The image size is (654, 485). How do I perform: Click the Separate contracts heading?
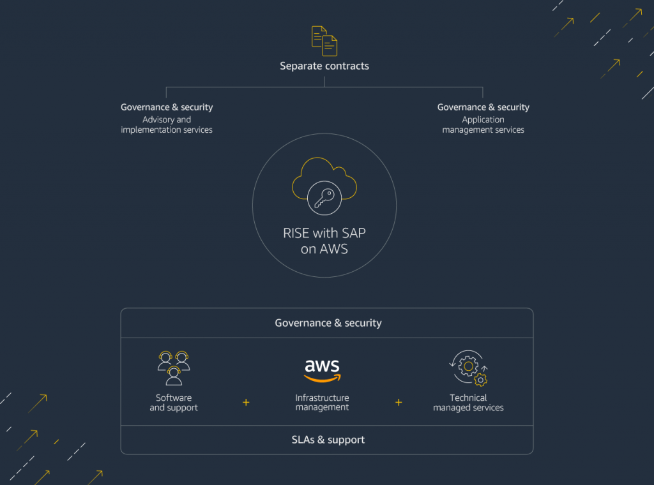[324, 66]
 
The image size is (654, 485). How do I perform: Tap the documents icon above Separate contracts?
[324, 41]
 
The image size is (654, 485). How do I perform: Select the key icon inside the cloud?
[324, 197]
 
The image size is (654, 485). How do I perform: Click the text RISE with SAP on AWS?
[324, 241]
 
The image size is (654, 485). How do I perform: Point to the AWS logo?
[323, 369]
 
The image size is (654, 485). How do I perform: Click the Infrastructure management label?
[323, 403]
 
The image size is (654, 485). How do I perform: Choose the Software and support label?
[174, 403]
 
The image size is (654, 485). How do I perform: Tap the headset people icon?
[174, 368]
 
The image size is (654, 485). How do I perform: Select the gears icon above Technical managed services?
[469, 368]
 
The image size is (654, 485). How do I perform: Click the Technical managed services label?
[469, 403]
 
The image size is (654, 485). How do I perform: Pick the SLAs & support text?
[328, 440]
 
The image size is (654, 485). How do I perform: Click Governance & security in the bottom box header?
[328, 323]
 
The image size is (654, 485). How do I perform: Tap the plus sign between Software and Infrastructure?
[246, 402]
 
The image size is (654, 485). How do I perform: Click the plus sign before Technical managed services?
[399, 402]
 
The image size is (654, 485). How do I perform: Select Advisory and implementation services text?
[167, 124]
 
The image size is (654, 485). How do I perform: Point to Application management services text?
[483, 124]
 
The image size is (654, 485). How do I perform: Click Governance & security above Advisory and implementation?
[167, 107]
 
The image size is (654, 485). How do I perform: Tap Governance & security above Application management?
[483, 107]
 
